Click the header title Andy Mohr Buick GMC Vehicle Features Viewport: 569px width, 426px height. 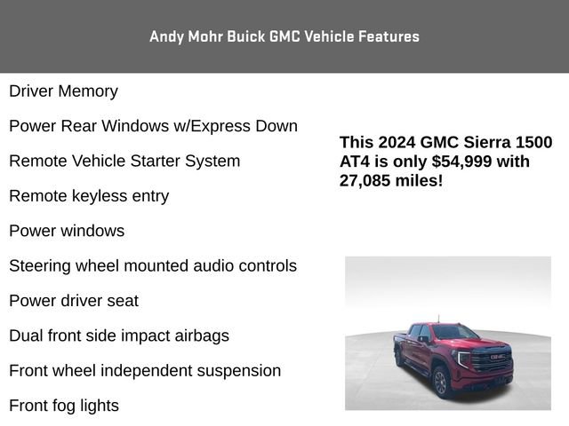(284, 36)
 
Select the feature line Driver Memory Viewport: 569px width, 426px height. (63, 91)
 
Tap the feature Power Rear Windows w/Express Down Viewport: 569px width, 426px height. (153, 126)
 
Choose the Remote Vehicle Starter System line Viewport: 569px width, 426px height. (124, 161)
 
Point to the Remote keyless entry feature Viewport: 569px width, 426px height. (89, 195)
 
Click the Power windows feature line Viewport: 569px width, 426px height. (67, 231)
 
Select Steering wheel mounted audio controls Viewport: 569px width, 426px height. (153, 265)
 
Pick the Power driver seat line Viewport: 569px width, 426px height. (74, 301)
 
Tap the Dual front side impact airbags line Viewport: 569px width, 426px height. (119, 335)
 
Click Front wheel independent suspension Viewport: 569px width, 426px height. (145, 370)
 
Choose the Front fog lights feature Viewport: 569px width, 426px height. (64, 406)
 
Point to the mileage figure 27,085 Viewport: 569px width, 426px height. (367, 180)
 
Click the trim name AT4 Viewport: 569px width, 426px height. (356, 162)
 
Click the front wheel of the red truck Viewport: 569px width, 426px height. (439, 381)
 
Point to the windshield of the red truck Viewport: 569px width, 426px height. (455, 333)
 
